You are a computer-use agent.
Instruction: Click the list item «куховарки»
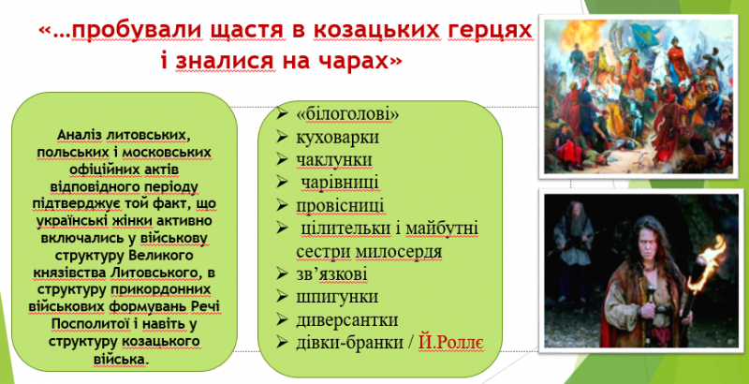[x=338, y=137]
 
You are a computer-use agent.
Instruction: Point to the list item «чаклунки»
[x=334, y=159]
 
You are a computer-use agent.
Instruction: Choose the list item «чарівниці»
[x=340, y=183]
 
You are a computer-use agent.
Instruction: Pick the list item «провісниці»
[x=340, y=205]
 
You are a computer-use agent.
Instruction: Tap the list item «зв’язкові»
[x=332, y=274]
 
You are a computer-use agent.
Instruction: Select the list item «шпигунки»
[x=337, y=297]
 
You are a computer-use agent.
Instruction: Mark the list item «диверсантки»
[x=347, y=319]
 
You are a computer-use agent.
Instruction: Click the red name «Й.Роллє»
[x=451, y=343]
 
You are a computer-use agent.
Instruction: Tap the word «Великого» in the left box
[x=161, y=256]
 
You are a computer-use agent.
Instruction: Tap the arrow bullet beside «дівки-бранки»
[x=283, y=343]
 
